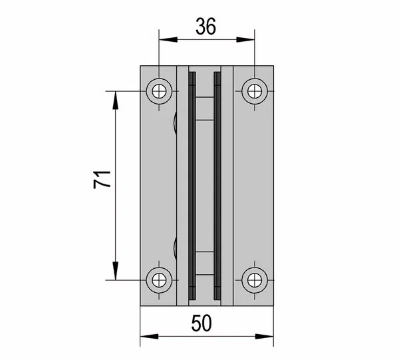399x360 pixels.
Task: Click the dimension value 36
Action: (x=206, y=26)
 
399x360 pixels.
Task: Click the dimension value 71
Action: (x=102, y=180)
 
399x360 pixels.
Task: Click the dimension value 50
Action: (x=201, y=323)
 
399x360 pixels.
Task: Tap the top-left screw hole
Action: (x=159, y=91)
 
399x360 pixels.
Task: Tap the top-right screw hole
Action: (x=255, y=91)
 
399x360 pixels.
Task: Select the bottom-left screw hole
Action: (x=159, y=280)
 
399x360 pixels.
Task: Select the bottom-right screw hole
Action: (x=255, y=280)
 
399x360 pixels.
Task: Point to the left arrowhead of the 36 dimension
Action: (x=168, y=39)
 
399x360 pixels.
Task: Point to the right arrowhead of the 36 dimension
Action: (x=245, y=39)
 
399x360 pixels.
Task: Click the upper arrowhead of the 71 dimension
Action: (x=116, y=100)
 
